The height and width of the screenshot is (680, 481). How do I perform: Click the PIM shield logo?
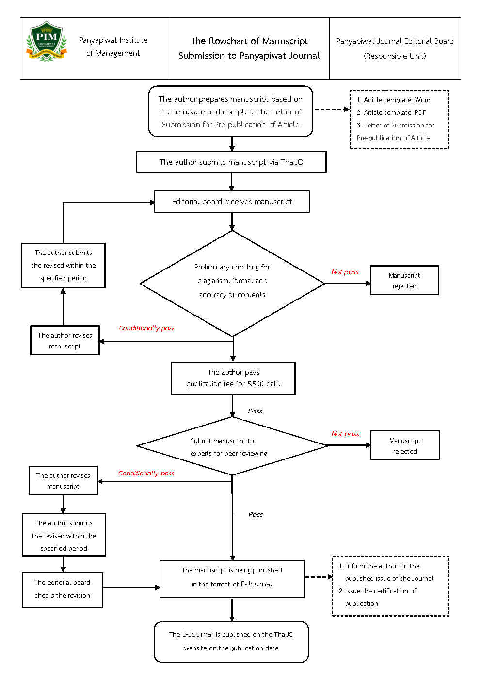click(47, 41)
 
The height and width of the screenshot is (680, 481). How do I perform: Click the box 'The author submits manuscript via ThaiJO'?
click(231, 162)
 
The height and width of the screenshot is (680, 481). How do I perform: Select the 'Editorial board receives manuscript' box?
click(232, 202)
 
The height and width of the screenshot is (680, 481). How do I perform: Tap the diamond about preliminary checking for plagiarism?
click(232, 284)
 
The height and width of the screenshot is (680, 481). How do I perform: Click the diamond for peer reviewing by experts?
click(232, 446)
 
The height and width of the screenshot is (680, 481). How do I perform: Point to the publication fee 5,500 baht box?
click(233, 378)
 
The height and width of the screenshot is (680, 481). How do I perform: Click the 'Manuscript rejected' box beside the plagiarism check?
click(404, 280)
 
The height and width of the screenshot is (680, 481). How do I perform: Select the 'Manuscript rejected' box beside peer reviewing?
click(405, 445)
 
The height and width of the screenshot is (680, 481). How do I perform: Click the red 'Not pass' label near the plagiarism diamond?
click(345, 272)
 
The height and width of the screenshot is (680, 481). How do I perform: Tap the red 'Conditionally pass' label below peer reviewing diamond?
click(146, 474)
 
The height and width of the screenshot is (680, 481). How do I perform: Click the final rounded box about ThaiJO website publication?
click(231, 641)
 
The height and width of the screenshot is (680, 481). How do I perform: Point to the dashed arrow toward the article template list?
click(332, 109)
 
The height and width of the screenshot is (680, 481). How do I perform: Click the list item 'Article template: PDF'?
click(391, 112)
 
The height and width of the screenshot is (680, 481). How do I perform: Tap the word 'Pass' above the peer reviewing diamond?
click(255, 411)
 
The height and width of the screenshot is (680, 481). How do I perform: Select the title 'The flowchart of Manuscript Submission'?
click(249, 48)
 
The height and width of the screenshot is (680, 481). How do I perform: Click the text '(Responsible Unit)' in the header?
click(395, 56)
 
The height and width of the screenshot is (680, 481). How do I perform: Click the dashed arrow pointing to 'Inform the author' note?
click(319, 577)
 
